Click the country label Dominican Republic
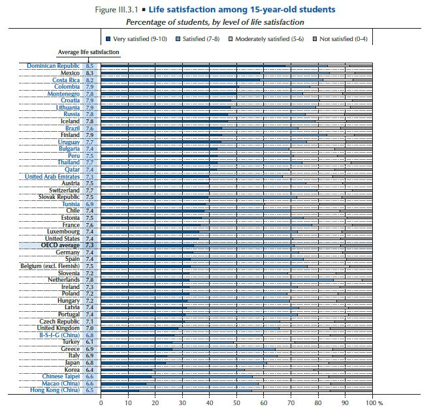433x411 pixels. (x=54, y=66)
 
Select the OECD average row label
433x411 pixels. (x=60, y=245)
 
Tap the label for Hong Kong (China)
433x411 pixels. (x=55, y=390)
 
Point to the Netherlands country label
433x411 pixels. (x=60, y=279)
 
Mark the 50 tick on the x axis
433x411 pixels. (x=236, y=403)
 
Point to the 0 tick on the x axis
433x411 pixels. (x=101, y=403)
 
